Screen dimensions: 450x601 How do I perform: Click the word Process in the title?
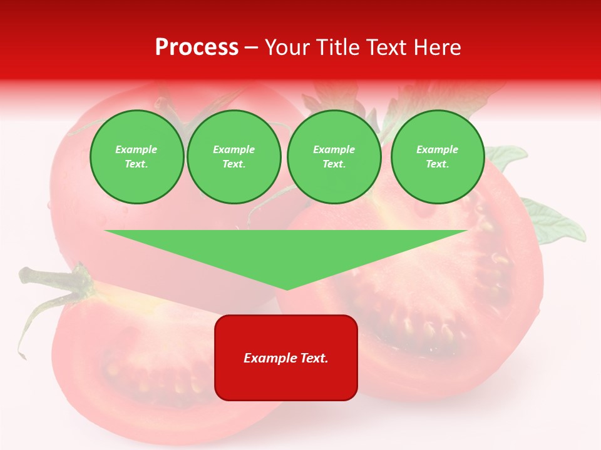click(197, 47)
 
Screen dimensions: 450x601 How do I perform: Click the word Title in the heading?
click(336, 47)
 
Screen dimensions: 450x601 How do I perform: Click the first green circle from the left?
click(136, 157)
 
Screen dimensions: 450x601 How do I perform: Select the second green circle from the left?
click(234, 157)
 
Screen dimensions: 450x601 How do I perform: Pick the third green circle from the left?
click(334, 157)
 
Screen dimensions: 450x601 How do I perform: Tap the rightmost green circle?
click(438, 157)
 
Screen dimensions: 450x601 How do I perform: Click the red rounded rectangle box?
click(286, 381)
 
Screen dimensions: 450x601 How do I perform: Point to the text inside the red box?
click(286, 358)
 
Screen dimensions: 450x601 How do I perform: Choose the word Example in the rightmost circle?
click(438, 149)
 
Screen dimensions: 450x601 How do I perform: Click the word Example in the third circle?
click(334, 149)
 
